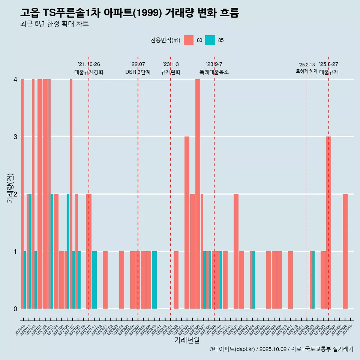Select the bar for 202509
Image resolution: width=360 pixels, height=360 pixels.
coord(345,251)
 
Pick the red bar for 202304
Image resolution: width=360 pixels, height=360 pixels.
coord(187,223)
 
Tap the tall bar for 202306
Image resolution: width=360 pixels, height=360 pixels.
coord(198,194)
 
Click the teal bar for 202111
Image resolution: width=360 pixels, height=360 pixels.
coord(94,280)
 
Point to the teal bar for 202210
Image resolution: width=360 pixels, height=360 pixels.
coord(154,280)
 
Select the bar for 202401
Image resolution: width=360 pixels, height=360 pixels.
coord(236,251)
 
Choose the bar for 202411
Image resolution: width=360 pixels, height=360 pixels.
coord(290,280)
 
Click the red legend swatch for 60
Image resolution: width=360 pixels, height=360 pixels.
coord(189,40)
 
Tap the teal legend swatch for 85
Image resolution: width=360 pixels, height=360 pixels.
coord(210,40)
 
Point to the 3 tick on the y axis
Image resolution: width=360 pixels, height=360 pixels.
coord(15,137)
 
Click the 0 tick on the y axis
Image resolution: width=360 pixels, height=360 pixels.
coord(15,309)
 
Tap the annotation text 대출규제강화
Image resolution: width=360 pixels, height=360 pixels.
coord(89,72)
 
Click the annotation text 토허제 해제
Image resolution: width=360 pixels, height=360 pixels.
coord(307,71)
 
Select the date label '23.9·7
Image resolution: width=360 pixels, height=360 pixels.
coord(214,64)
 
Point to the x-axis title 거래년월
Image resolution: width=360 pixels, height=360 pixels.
coord(187,340)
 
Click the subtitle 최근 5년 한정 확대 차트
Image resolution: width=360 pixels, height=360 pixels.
coord(54,24)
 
